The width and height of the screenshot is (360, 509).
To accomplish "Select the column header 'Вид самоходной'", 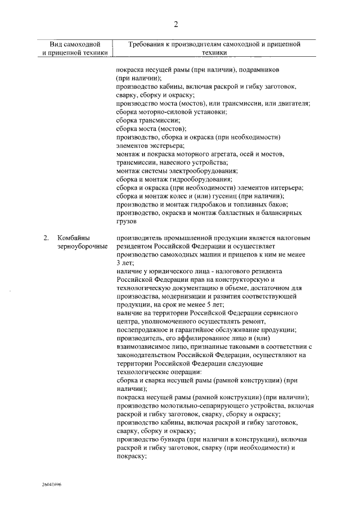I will pyautogui.click(x=74, y=44).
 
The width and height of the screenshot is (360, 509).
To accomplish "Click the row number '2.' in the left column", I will pyautogui.click(x=47, y=238).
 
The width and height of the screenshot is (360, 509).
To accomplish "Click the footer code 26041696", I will pyautogui.click(x=51, y=484).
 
